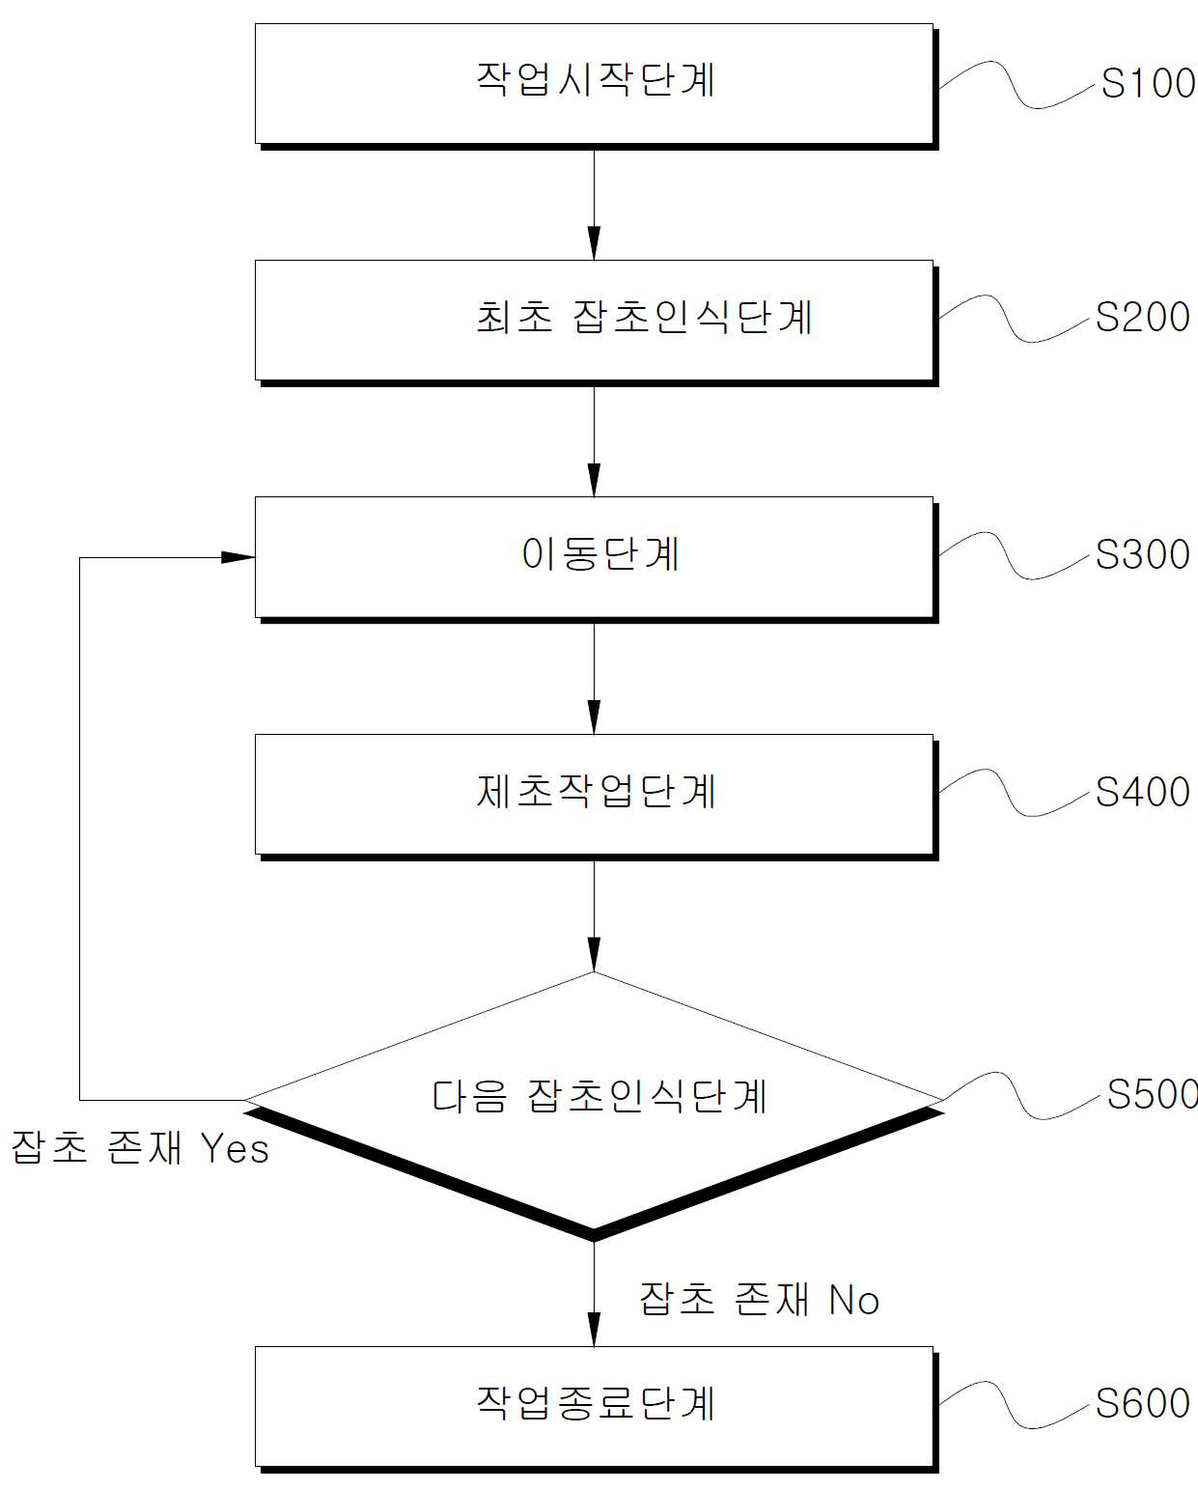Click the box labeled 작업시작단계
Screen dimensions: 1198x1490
pos(596,87)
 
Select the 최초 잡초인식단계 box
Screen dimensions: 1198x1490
pos(596,323)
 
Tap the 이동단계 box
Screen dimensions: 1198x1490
pos(596,559)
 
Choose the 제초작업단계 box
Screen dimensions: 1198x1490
pos(596,797)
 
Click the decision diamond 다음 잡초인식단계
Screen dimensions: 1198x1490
pos(594,1106)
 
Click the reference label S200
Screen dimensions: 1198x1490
pos(1143,317)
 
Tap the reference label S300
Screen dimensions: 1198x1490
pos(1143,554)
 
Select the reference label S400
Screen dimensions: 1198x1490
pos(1143,792)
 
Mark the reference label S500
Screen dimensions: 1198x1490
pos(1153,1095)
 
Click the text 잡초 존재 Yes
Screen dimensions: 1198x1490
pos(140,1149)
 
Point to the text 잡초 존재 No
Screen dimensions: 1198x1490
pos(759,1299)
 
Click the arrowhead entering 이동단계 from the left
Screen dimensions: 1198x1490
pos(237,557)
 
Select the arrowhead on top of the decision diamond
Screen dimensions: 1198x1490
pos(594,955)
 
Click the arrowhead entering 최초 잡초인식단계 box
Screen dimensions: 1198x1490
pos(594,243)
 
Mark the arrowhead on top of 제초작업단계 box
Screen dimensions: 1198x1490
pos(594,717)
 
